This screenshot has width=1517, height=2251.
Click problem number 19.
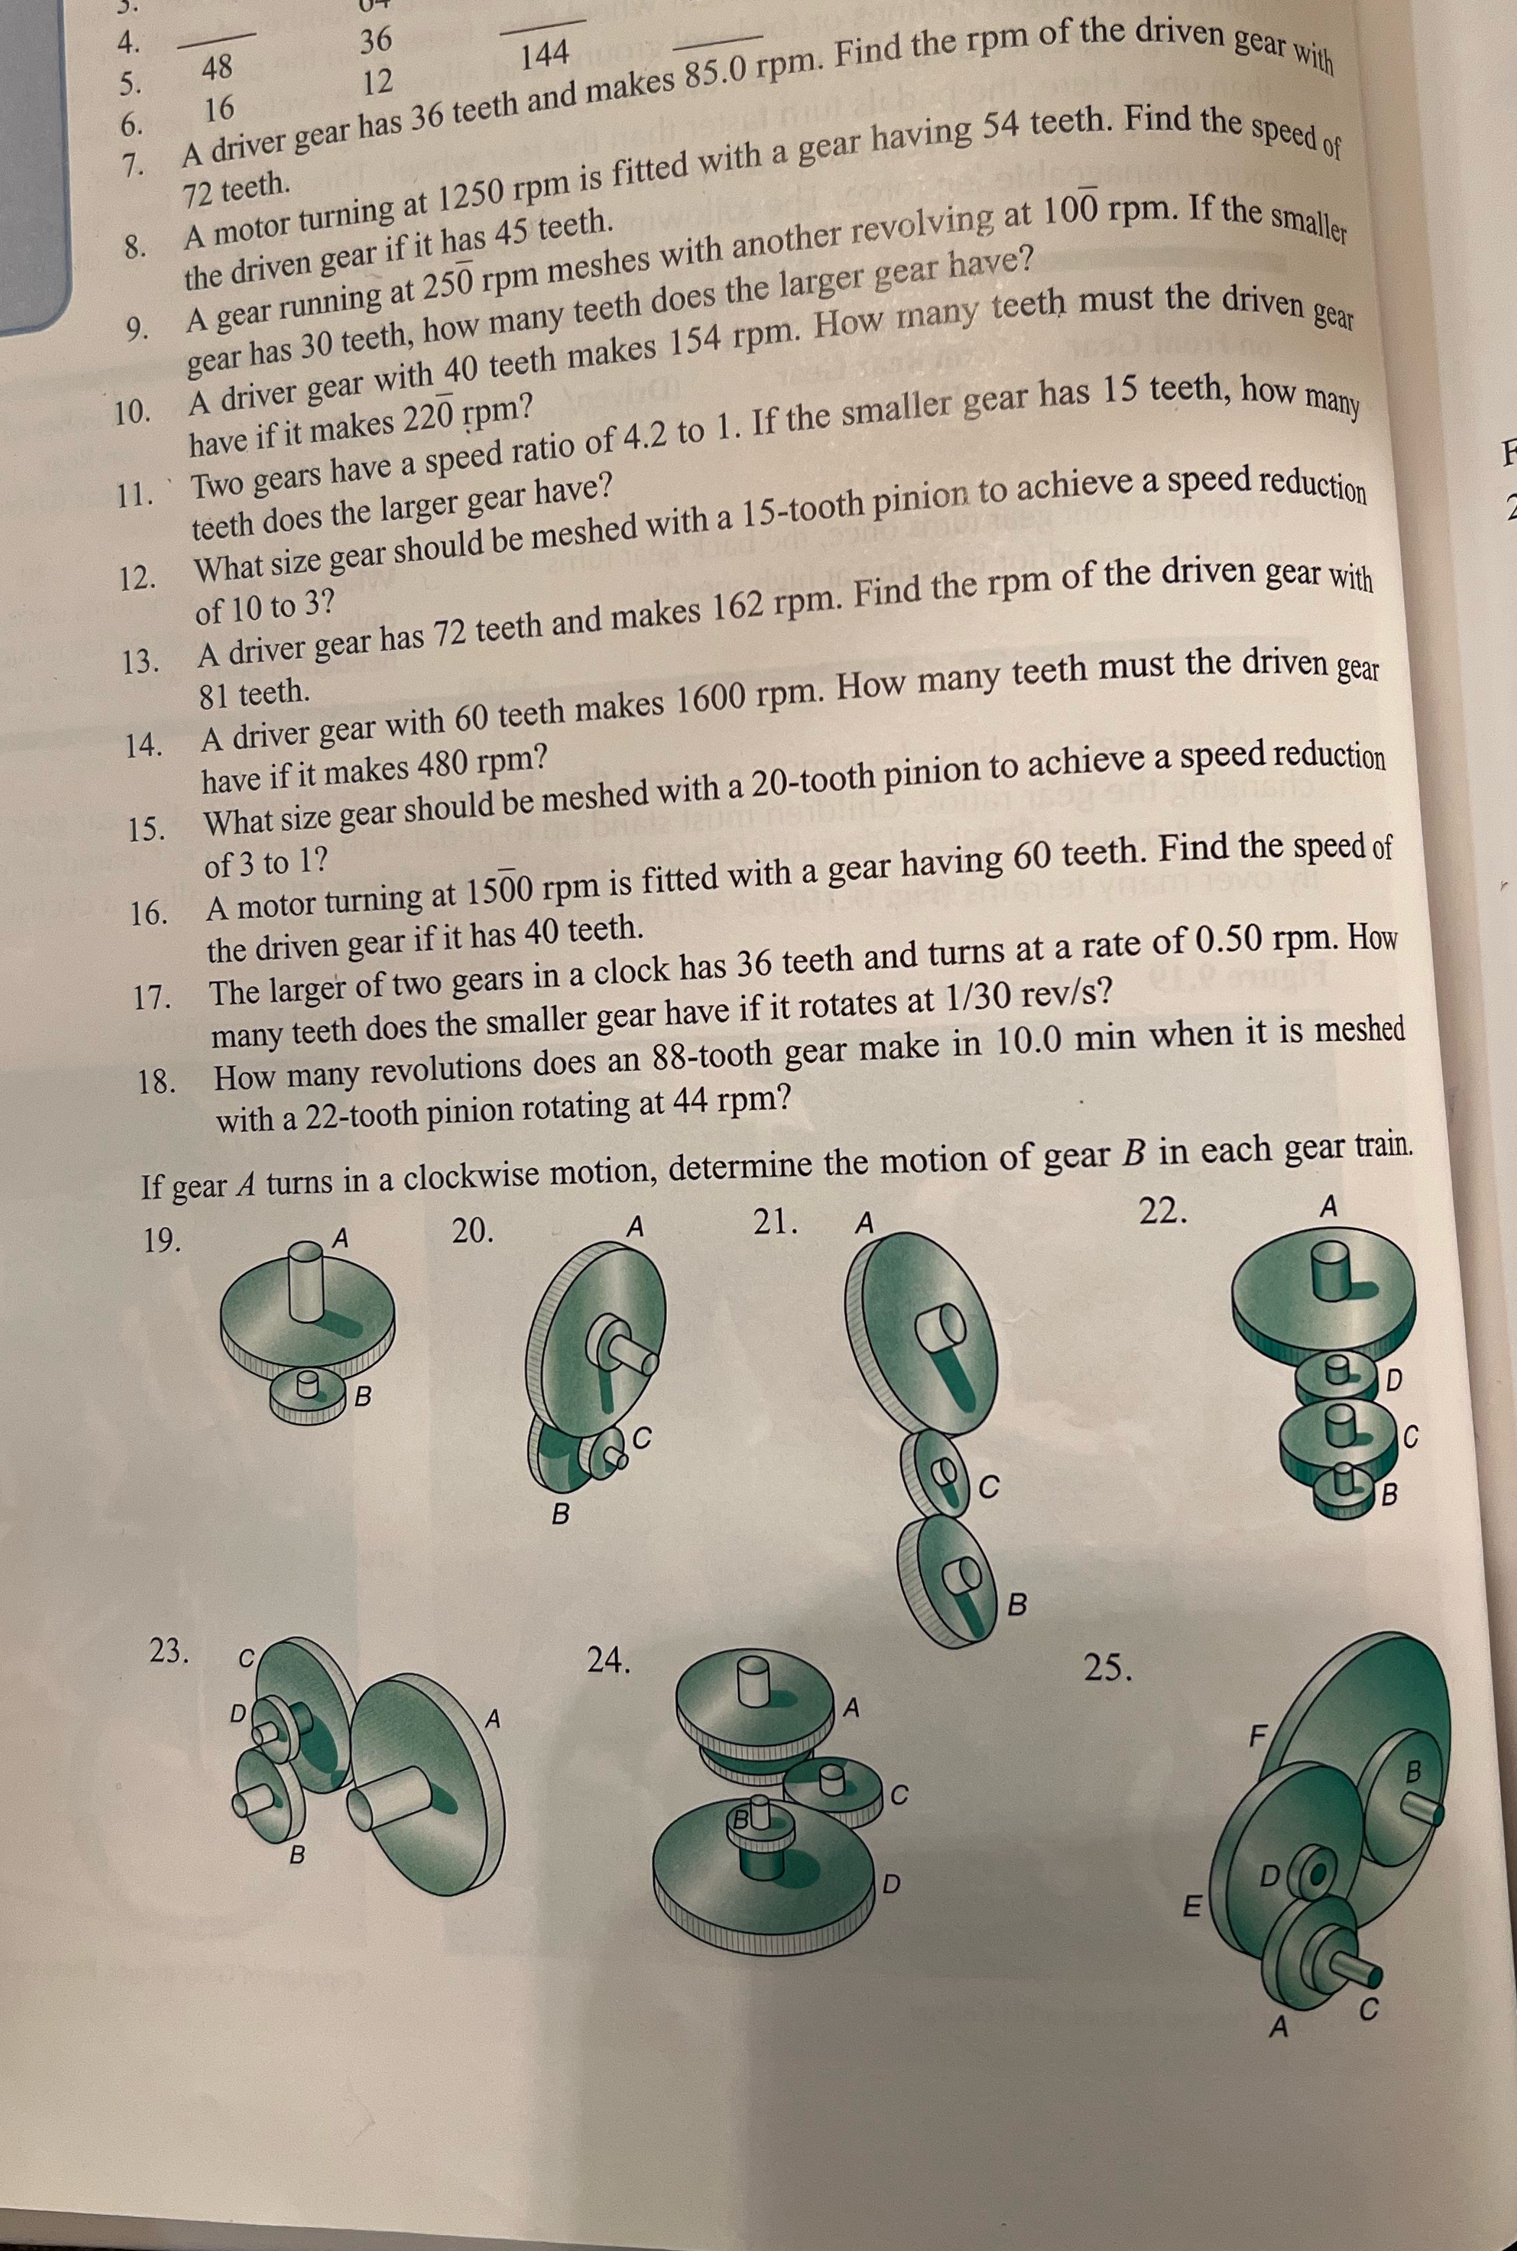[x=163, y=1242]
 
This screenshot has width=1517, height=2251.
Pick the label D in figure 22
[x=1395, y=1379]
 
